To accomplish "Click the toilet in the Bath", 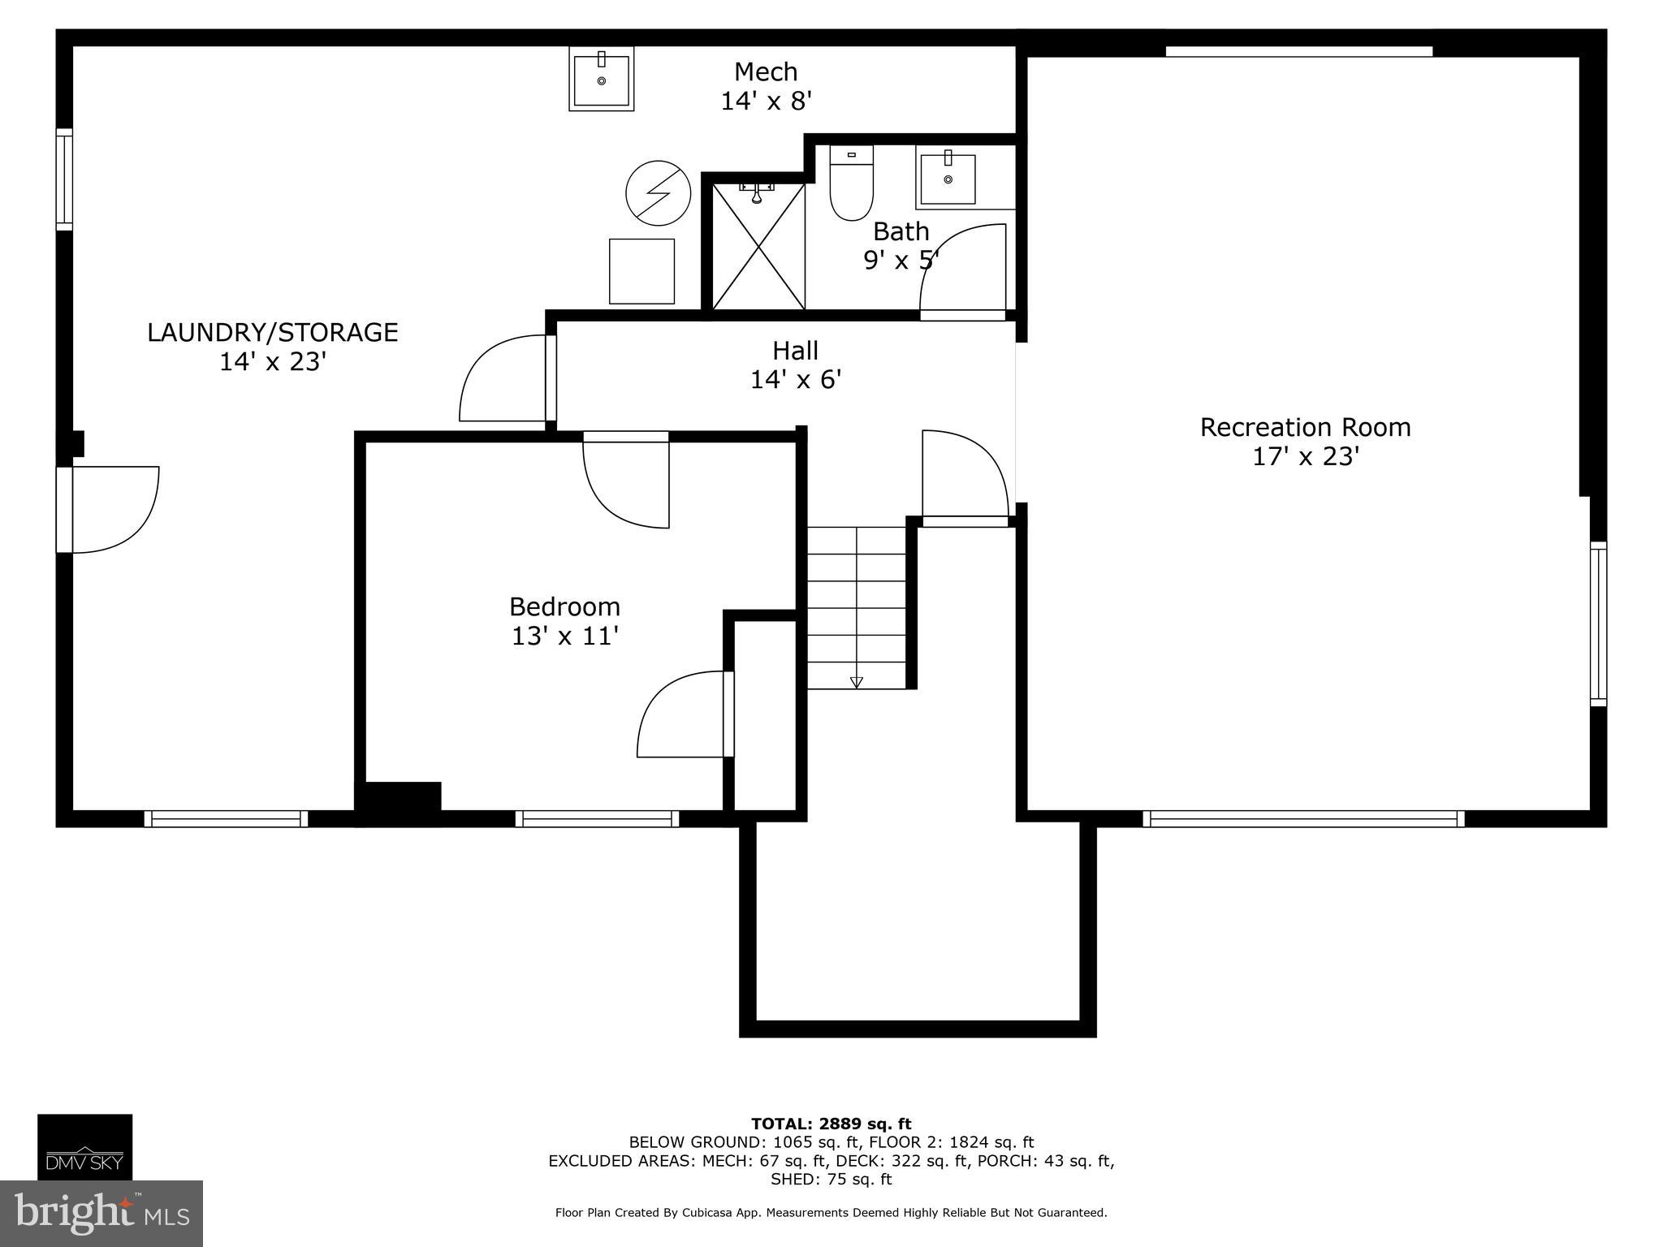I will click(851, 186).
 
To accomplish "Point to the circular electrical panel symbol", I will click(658, 193).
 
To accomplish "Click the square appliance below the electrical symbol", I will click(641, 271).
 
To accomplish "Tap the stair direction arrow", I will click(856, 682).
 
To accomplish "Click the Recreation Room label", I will click(1305, 427).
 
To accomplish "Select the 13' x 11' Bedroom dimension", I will click(565, 636).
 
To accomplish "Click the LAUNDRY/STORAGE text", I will click(272, 332).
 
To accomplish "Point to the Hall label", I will click(795, 351).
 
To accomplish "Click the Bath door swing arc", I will click(962, 268).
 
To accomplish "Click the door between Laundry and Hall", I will click(503, 380).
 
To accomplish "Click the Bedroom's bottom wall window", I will click(597, 818).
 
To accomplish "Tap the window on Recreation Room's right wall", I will click(1597, 623).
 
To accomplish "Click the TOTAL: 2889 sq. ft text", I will click(831, 1124).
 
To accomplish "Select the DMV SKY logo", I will click(84, 1146).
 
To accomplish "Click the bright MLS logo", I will click(101, 1213).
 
